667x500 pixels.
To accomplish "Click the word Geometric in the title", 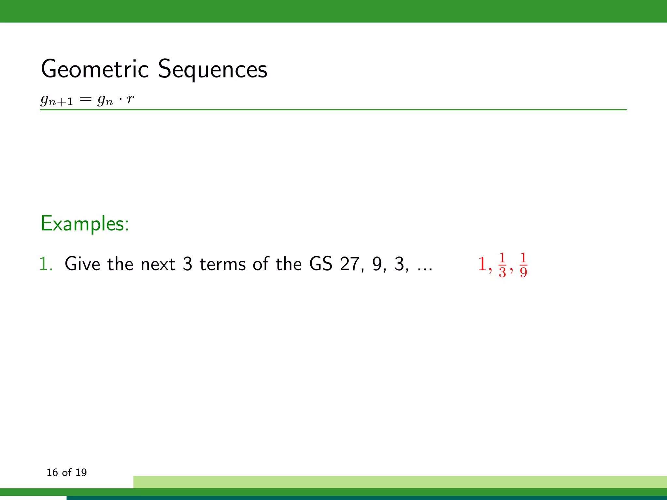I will [95, 69].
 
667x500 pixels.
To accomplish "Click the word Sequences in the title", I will [212, 69].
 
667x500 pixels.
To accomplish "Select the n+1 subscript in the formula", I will [61, 102].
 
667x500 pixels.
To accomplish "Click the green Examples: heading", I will [85, 224].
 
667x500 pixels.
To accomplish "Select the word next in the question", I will [158, 264].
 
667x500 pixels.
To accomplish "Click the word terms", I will [222, 264].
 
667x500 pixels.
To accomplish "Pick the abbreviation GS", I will [320, 264].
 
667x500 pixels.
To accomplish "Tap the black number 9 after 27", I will [377, 264].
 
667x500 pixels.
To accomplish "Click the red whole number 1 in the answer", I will [482, 264].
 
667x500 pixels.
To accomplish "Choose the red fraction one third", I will [502, 265].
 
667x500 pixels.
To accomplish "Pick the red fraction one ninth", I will [523, 265].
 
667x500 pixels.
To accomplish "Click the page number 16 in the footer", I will [52, 472].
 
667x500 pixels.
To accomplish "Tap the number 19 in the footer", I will [81, 472].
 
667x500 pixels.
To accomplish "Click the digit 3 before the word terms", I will [187, 264].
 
